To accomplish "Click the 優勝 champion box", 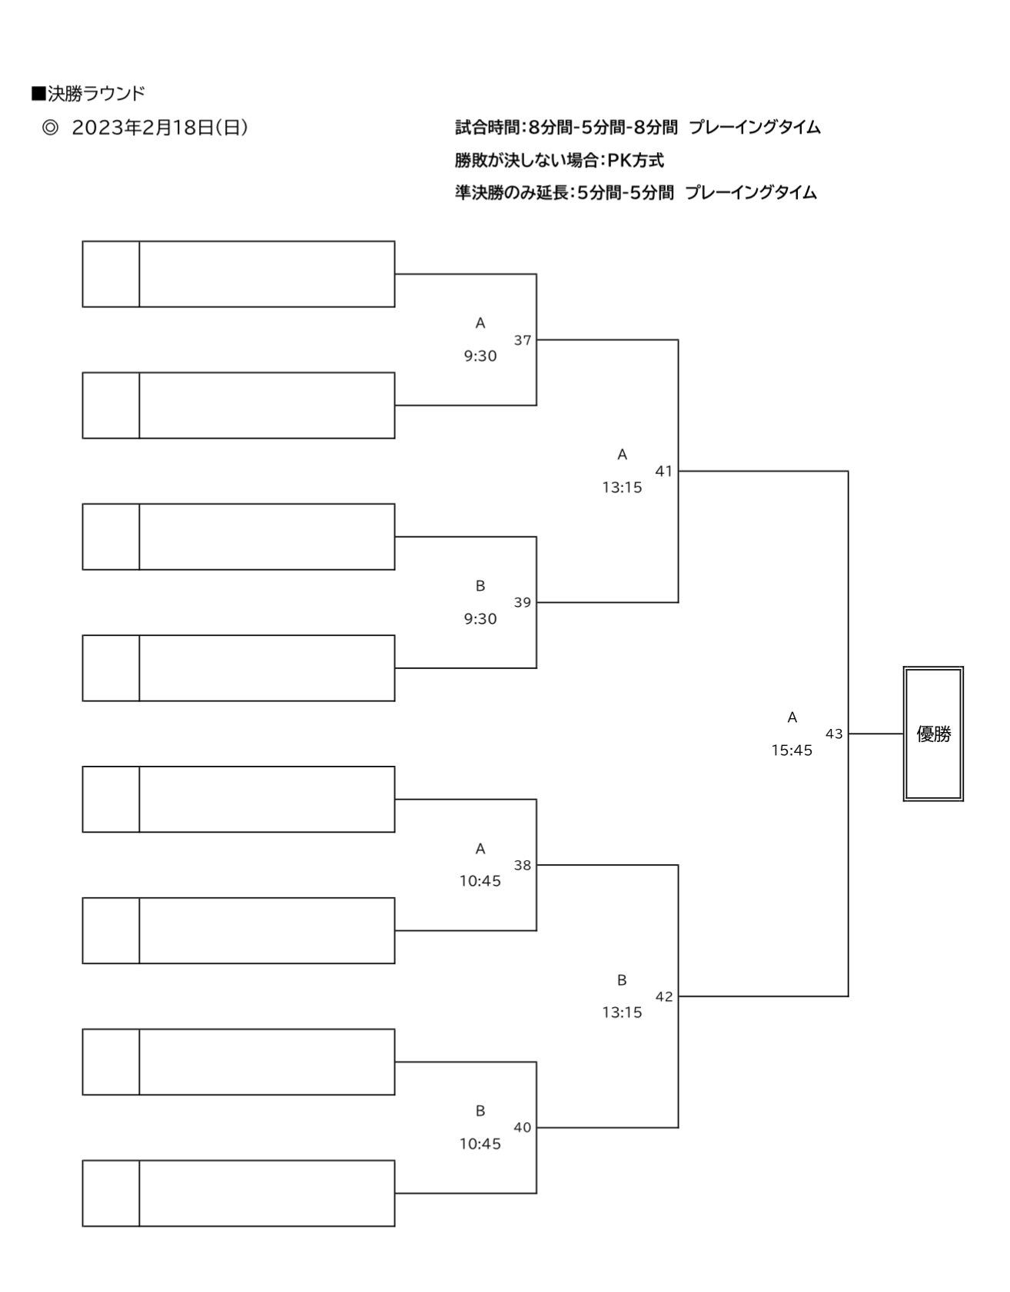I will tap(933, 734).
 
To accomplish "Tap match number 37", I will tap(523, 340).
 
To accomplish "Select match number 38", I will tap(523, 865).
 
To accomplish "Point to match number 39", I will tap(523, 602).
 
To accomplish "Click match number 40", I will tap(523, 1128).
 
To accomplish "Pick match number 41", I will tap(664, 471).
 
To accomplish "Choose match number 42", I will tap(664, 996).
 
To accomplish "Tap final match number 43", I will tap(834, 734).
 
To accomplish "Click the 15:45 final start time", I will tap(792, 750).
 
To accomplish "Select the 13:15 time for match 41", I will tap(622, 488).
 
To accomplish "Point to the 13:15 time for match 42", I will tap(622, 1012).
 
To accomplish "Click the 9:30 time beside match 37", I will tap(480, 356).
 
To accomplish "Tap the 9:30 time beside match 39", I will tap(480, 619).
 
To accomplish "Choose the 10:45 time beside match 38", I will tap(480, 881).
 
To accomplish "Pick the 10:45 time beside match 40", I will tap(480, 1144).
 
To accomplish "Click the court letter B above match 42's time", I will tap(622, 980).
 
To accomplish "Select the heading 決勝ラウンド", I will tap(96, 94).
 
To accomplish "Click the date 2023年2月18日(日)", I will tap(160, 128).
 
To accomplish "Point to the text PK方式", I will tap(636, 161).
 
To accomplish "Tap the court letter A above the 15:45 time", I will tap(792, 717).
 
